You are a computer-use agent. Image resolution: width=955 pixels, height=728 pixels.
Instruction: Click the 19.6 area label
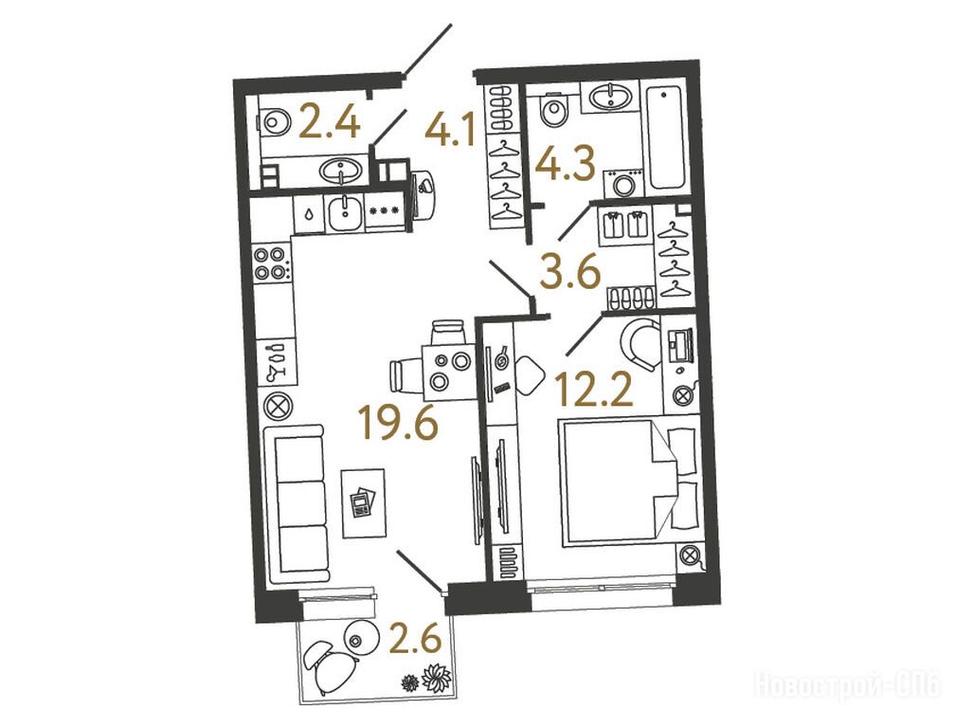tap(398, 422)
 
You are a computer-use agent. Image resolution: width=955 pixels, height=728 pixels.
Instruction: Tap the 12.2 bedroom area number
tap(594, 389)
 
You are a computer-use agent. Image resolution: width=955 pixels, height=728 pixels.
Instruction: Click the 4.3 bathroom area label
tap(564, 163)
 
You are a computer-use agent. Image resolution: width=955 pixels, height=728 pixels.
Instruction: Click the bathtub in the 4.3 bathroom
tap(666, 138)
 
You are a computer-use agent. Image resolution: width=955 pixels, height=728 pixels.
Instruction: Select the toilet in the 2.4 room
tap(273, 120)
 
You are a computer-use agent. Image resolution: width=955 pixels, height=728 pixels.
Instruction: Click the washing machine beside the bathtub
tap(623, 183)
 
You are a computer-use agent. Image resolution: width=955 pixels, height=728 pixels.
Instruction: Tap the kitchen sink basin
tap(345, 213)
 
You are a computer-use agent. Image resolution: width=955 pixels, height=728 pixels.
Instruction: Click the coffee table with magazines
tap(364, 502)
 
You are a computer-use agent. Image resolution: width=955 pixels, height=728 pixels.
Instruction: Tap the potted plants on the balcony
tap(428, 679)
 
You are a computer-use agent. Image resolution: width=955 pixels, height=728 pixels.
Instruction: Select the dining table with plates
tap(448, 372)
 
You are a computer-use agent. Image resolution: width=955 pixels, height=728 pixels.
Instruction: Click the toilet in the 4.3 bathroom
tap(553, 110)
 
